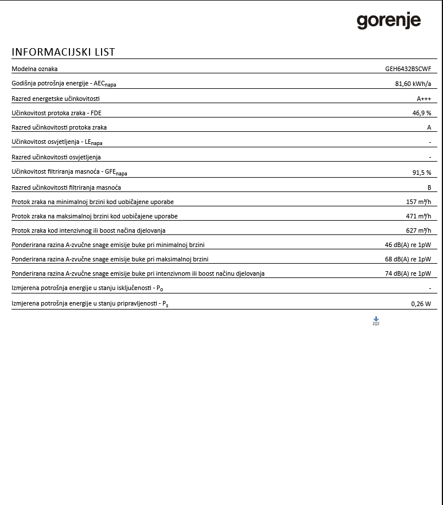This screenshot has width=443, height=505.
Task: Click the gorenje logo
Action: pos(388,21)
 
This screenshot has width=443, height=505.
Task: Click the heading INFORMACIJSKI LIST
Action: pos(63,52)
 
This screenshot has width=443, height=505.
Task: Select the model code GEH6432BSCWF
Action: pos(408,69)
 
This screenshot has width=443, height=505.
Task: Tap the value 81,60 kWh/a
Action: pos(413,84)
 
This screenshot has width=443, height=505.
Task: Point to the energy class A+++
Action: pos(423,99)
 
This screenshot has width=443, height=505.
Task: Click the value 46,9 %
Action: pos(421,113)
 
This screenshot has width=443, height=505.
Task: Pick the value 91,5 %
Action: pos(421,173)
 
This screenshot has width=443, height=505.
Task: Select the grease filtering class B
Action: pos(429,187)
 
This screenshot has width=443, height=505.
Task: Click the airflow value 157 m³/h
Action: pos(418,202)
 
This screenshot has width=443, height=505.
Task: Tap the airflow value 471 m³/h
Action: pos(418,216)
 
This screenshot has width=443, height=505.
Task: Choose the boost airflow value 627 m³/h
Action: pos(418,230)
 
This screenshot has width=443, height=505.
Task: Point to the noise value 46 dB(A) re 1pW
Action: pos(408,245)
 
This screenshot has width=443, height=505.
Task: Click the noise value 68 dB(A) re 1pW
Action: pos(408,259)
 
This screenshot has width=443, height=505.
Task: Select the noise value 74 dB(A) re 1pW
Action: pos(408,273)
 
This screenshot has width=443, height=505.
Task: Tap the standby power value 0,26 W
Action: pos(421,304)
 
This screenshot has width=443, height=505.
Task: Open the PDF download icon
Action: pos(376,321)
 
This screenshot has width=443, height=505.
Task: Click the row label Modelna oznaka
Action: pos(34,69)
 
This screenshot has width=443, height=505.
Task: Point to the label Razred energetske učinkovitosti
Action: pos(56,99)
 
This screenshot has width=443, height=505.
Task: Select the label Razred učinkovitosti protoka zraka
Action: pos(59,127)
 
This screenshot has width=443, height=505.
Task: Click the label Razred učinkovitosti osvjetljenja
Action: pos(56,157)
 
